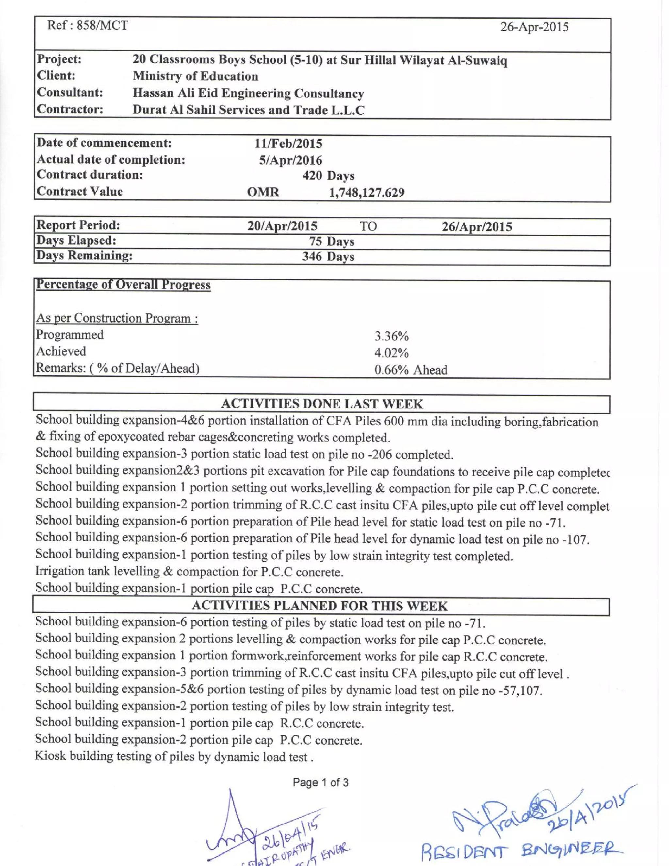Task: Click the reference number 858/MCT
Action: (x=102, y=25)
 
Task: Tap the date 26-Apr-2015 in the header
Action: (x=534, y=27)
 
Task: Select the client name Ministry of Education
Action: (x=195, y=76)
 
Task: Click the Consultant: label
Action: (x=70, y=92)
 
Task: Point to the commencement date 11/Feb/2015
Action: (x=288, y=143)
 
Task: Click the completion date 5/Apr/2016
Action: (x=290, y=160)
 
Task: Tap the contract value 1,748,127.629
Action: (x=367, y=193)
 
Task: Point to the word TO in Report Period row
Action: (x=368, y=226)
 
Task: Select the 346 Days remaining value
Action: (x=328, y=257)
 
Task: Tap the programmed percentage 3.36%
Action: (x=391, y=336)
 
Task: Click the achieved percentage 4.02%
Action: (x=391, y=353)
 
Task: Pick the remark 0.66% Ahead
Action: (x=411, y=370)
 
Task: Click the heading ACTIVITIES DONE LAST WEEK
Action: (x=322, y=404)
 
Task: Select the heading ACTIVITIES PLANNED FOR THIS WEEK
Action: (x=319, y=606)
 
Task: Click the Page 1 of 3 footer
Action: (x=320, y=782)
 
